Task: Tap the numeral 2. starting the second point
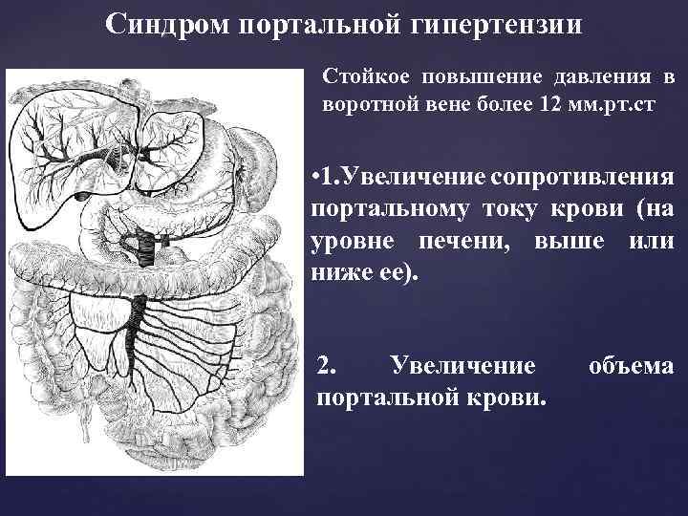tap(326, 365)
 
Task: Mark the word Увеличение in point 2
tap(462, 365)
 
